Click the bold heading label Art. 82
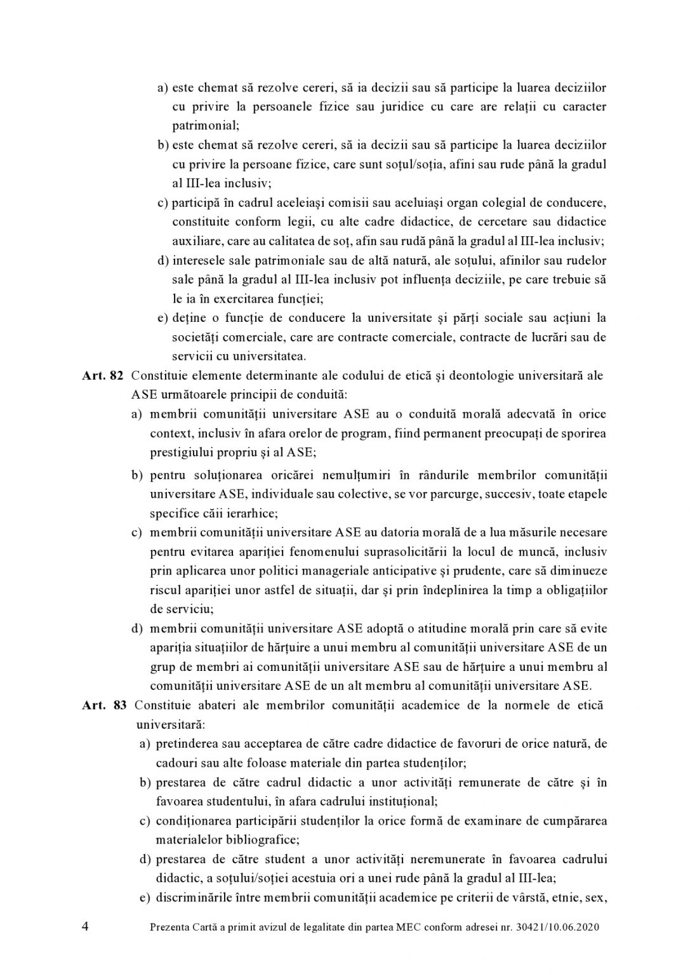tap(102, 375)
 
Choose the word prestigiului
tap(180, 453)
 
